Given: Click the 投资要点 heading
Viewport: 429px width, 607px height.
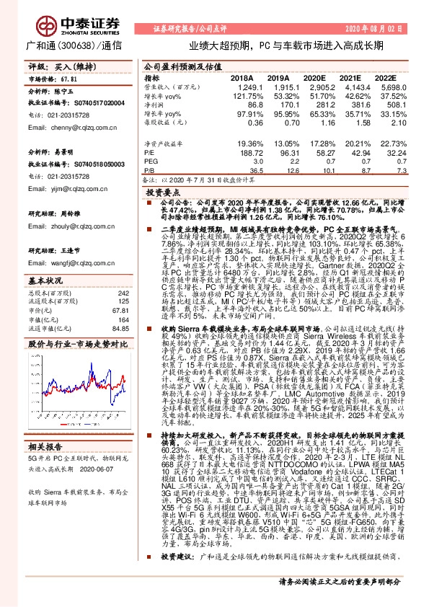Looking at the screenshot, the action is pyautogui.click(x=162, y=193).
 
